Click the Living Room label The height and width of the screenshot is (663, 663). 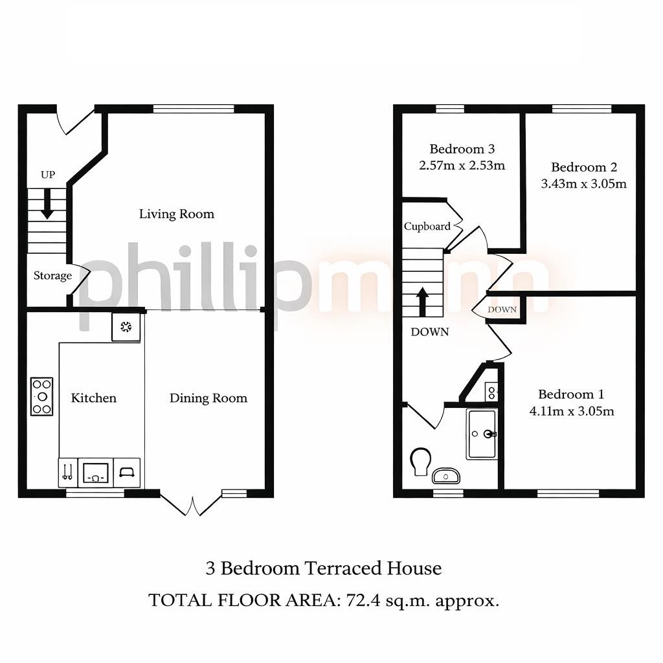pyautogui.click(x=176, y=214)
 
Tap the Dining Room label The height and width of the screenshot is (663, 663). pyautogui.click(x=208, y=398)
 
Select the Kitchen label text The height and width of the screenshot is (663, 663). pyautogui.click(x=94, y=398)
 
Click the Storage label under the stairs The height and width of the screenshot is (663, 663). pyautogui.click(x=52, y=276)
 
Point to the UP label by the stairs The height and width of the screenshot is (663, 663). pyautogui.click(x=47, y=175)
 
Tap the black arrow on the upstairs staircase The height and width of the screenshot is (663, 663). pyautogui.click(x=422, y=302)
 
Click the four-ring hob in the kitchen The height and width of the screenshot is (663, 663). pyautogui.click(x=42, y=396)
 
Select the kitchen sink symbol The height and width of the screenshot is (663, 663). pyautogui.click(x=95, y=472)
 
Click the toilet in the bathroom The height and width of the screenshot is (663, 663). pyautogui.click(x=421, y=460)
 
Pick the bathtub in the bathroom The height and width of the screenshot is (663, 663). pyautogui.click(x=482, y=434)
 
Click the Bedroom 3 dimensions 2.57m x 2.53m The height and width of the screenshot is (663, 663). pyautogui.click(x=462, y=165)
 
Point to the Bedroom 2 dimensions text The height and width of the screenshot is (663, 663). pyautogui.click(x=583, y=183)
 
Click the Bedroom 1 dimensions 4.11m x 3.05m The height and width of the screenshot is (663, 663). pyautogui.click(x=571, y=410)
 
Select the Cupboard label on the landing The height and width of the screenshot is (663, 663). pyautogui.click(x=427, y=227)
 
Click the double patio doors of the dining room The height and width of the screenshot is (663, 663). pyautogui.click(x=192, y=504)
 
